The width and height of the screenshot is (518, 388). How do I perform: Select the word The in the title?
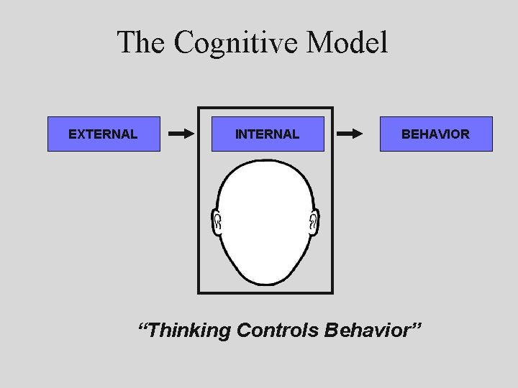(x=142, y=42)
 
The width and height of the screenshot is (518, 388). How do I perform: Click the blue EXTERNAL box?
(x=104, y=134)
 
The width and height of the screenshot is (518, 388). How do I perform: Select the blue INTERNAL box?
(x=268, y=134)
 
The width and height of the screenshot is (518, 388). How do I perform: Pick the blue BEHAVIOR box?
(x=436, y=134)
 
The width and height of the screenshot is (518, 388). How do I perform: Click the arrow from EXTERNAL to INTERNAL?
(x=181, y=134)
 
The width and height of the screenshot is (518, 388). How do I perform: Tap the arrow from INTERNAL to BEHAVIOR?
(x=350, y=134)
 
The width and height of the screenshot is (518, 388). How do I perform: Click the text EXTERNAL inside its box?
(x=103, y=134)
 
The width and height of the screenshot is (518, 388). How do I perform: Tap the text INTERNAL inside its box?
(x=268, y=134)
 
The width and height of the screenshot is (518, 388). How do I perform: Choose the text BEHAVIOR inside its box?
(x=436, y=134)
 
